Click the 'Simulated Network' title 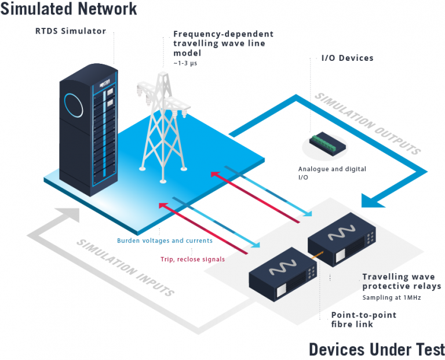pyautogui.click(x=69, y=9)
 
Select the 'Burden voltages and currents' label pyautogui.click(x=165, y=241)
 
